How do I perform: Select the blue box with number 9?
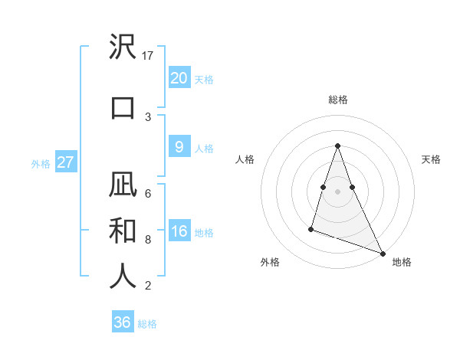179,147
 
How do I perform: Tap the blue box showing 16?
179,231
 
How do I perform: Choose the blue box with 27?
65,162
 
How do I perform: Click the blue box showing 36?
123,322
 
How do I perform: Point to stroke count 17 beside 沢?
148,55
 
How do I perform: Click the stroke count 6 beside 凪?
148,193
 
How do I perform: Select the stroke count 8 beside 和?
148,239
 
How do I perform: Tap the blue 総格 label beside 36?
147,324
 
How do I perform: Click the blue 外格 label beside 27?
41,163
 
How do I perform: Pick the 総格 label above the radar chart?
337,100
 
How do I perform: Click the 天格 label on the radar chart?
432,159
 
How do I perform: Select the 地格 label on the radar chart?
402,262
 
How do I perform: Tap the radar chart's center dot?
337,191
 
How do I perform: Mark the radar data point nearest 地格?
382,252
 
